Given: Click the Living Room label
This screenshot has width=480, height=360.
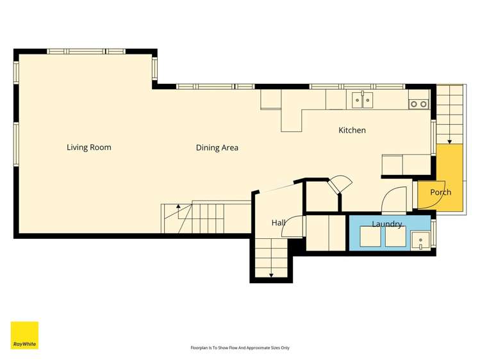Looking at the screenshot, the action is (x=89, y=147).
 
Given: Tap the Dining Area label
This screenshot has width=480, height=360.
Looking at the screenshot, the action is (x=217, y=148).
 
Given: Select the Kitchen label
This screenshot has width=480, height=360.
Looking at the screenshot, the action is (x=352, y=130).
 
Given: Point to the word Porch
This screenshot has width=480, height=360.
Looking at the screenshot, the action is (x=440, y=192).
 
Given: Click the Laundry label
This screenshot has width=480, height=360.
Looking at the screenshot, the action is (x=386, y=224).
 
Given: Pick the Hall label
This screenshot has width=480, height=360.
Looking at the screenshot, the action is (x=279, y=223).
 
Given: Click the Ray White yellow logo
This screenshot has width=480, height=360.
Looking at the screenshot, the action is (x=24, y=335).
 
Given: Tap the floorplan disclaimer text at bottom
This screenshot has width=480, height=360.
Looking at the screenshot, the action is (x=240, y=348).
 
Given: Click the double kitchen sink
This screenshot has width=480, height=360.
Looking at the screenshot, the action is (x=363, y=100).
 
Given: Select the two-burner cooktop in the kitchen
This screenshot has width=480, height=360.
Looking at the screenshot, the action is (x=418, y=104).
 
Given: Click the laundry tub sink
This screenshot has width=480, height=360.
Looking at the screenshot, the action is (x=420, y=241).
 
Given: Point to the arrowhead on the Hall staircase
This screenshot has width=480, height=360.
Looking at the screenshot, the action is (x=271, y=275).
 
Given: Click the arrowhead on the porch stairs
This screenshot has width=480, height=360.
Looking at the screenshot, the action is (x=449, y=142).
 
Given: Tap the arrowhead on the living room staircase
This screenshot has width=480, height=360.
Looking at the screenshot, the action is (x=178, y=206).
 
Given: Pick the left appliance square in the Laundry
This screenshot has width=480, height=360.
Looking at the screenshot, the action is (x=370, y=236).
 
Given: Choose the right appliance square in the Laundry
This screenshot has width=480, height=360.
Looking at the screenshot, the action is (x=395, y=236).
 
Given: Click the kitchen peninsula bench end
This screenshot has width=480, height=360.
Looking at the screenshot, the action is (x=292, y=121).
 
